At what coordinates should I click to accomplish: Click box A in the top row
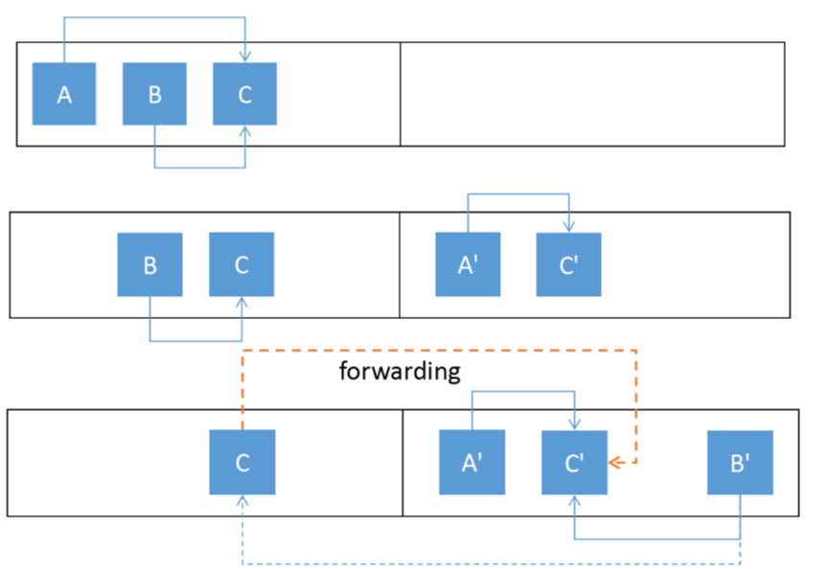click(64, 94)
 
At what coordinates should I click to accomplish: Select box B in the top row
click(154, 94)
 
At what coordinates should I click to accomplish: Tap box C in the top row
click(244, 94)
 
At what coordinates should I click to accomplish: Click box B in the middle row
click(149, 264)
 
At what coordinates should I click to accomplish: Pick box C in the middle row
click(241, 264)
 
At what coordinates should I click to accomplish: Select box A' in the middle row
click(468, 264)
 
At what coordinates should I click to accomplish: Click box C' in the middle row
click(569, 264)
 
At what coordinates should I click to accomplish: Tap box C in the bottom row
click(242, 463)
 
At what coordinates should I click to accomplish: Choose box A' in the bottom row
click(471, 463)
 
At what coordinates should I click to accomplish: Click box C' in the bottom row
click(574, 463)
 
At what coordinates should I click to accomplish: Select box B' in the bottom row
click(740, 463)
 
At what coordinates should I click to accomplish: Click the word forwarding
click(400, 372)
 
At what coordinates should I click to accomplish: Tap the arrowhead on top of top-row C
click(246, 57)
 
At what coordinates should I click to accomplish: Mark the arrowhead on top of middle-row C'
click(569, 227)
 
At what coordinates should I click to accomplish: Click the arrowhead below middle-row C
click(241, 303)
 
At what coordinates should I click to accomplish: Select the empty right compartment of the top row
click(591, 94)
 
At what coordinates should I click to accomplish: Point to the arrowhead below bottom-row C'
click(574, 501)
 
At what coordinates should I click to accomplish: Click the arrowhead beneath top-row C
click(246, 131)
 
